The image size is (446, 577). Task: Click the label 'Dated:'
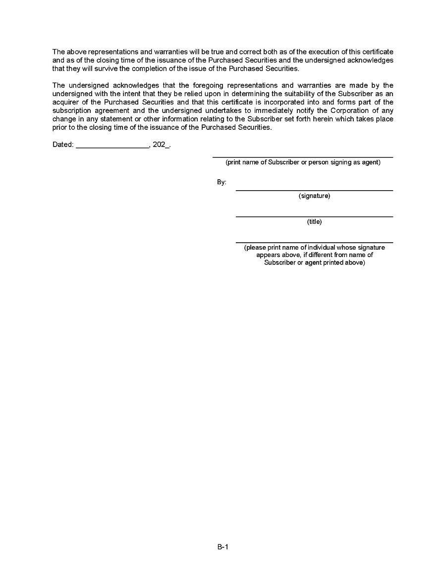tap(63, 145)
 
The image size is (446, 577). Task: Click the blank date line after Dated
tap(112, 147)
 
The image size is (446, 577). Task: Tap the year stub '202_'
tap(161, 145)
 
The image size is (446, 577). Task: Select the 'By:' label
tap(222, 182)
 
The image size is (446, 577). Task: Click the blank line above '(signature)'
tap(314, 190)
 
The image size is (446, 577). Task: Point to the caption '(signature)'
tap(314, 196)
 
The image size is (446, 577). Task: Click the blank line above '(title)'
tap(314, 216)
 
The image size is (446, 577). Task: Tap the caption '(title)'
tap(314, 222)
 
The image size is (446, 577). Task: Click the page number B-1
tap(223, 547)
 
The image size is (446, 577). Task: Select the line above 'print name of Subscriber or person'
tap(303, 157)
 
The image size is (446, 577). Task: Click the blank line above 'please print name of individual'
tap(314, 242)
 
